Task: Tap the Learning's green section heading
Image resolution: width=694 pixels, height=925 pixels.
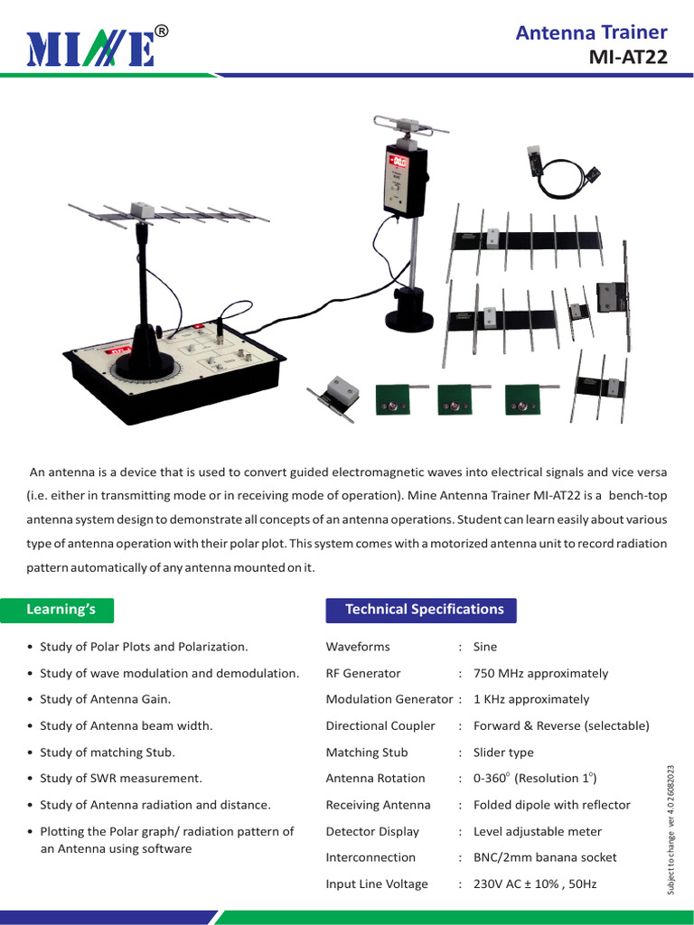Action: pyautogui.click(x=61, y=610)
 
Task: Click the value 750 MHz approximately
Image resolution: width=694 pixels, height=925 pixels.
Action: pyautogui.click(x=540, y=673)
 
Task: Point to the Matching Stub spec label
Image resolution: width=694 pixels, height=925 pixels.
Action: pyautogui.click(x=366, y=752)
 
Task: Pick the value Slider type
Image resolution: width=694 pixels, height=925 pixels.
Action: pyautogui.click(x=503, y=752)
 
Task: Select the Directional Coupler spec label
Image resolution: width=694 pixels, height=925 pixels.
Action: pyautogui.click(x=380, y=726)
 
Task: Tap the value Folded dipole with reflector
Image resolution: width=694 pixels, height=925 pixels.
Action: pyautogui.click(x=551, y=805)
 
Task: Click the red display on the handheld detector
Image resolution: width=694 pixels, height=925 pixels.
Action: pyautogui.click(x=399, y=163)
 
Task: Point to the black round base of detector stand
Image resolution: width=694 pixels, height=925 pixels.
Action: pyautogui.click(x=409, y=316)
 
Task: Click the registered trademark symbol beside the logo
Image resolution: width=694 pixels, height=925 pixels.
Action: pyautogui.click(x=161, y=32)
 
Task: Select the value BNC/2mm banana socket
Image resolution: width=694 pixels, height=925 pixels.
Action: pyautogui.click(x=545, y=858)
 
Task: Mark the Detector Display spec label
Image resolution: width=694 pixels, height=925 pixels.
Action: pyautogui.click(x=372, y=831)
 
